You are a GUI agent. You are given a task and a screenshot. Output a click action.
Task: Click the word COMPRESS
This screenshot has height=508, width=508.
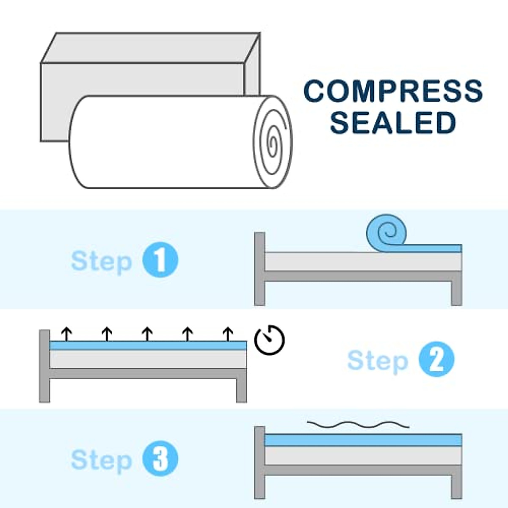click(393, 91)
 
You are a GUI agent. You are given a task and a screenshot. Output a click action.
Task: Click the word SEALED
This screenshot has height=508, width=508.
click(393, 123)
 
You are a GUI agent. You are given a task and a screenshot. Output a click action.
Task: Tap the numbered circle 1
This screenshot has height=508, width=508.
click(160, 260)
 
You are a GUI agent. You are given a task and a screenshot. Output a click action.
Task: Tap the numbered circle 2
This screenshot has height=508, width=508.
click(436, 359)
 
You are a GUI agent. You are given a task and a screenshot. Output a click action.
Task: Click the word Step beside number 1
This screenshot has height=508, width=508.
click(102, 261)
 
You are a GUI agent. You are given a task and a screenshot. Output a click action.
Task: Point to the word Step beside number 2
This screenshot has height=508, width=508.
click(378, 361)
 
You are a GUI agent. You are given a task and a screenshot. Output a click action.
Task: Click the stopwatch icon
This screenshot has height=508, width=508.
click(269, 340)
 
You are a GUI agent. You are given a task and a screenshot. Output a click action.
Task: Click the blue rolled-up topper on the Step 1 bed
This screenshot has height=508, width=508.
click(386, 233)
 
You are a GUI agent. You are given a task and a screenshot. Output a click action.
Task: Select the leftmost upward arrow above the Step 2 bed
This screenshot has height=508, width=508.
click(66, 334)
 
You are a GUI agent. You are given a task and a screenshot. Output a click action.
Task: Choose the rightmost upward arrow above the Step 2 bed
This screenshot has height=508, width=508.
click(228, 334)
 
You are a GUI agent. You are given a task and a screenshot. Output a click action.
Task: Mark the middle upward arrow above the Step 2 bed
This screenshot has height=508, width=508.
click(147, 334)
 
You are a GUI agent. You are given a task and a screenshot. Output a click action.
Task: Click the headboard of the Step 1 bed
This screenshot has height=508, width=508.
click(260, 268)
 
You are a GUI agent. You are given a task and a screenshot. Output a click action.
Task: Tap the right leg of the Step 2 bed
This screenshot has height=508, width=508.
click(241, 389)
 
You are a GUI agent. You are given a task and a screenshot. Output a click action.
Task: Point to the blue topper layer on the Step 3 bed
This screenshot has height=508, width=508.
click(363, 440)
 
